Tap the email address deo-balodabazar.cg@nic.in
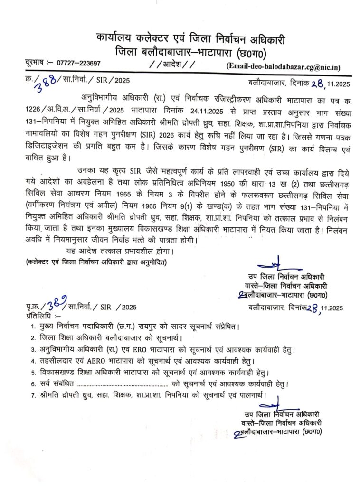(291, 67)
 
